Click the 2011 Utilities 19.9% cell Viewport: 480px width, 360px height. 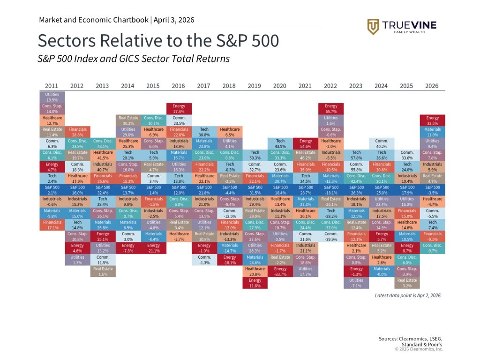52,97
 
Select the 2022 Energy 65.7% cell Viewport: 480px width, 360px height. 331,109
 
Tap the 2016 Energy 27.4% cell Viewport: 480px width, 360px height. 179,109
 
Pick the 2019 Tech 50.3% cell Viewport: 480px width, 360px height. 255,155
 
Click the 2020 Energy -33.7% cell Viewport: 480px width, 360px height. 280,271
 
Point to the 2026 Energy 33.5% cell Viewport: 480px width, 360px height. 433,120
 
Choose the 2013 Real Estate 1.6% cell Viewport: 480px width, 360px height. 102,271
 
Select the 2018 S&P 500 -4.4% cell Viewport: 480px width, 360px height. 229,190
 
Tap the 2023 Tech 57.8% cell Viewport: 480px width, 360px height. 356,155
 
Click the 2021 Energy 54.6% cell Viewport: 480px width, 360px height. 306,143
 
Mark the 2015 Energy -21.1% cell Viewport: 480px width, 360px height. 153,248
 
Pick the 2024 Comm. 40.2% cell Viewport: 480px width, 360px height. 382,143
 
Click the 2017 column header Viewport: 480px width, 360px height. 204,86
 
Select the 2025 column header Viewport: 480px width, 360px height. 407,86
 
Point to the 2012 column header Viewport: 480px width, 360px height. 77,86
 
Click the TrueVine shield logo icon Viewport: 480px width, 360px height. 373,27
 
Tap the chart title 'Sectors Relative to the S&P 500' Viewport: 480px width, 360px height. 158,41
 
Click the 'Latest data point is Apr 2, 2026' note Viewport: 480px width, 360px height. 407,295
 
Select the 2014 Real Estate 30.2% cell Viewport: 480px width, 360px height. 127,120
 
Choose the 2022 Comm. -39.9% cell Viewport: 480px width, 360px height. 331,236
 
